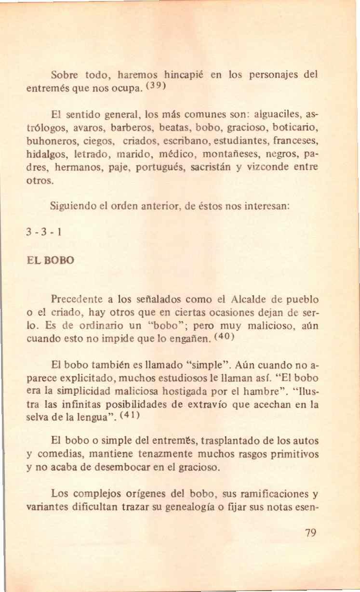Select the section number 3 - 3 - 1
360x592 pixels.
pyautogui.click(x=45, y=233)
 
